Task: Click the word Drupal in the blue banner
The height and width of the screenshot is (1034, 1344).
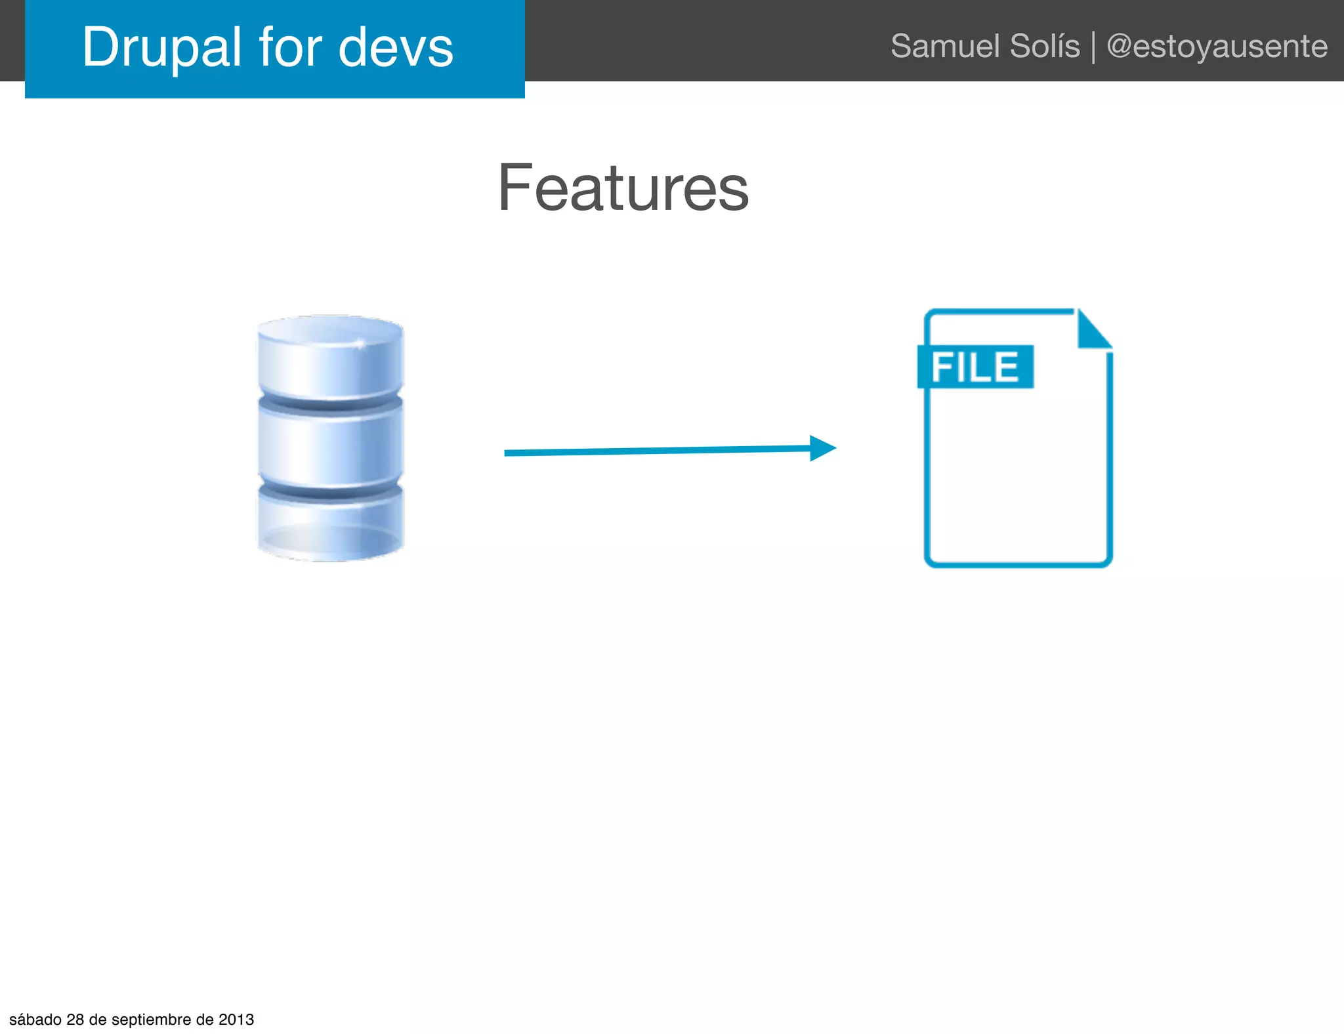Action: tap(161, 49)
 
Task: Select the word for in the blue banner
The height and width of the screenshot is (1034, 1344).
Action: tap(291, 47)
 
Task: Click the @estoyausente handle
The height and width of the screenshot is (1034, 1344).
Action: tap(1217, 47)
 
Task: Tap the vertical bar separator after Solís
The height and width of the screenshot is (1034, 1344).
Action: tap(1093, 48)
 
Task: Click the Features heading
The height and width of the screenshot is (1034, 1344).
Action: tap(623, 188)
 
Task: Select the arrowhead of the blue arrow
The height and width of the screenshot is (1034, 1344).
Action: tap(822, 448)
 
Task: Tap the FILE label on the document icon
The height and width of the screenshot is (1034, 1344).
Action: tap(975, 367)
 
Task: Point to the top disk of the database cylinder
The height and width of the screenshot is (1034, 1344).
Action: tap(330, 358)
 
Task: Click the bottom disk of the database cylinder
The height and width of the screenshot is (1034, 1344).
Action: tap(330, 525)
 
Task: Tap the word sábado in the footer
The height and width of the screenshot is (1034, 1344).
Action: tap(35, 1020)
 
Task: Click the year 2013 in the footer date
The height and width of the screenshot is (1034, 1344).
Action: tap(236, 1020)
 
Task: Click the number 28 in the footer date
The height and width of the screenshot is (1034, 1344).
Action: tap(75, 1020)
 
